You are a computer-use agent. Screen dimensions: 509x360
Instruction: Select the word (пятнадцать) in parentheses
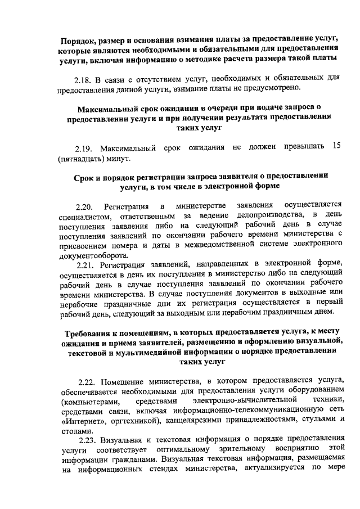tap(82, 158)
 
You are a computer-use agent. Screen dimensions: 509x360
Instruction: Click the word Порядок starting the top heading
tap(83, 38)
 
